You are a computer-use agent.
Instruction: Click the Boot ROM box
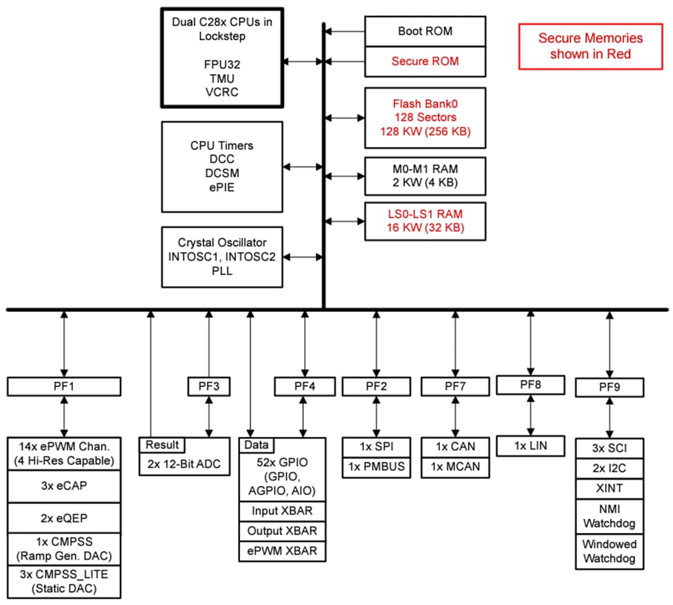coord(425,31)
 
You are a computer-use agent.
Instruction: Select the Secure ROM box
coord(425,61)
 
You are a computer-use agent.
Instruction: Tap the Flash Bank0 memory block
coord(425,117)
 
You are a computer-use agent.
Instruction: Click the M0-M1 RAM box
coord(425,176)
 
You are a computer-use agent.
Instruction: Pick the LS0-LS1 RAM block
coord(425,221)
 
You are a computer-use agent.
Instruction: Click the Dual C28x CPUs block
coord(221,58)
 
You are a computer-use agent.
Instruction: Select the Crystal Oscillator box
coord(221,257)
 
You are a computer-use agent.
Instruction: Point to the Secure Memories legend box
coord(590,46)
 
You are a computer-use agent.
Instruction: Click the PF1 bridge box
coord(64,387)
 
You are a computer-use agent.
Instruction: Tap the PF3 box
coord(209,387)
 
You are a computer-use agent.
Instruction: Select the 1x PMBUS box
coord(376,467)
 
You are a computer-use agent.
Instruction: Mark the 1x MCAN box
coord(455,467)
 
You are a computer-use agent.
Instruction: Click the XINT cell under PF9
coord(609,489)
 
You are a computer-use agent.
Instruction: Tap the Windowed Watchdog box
coord(609,552)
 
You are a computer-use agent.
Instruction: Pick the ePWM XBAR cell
coord(282,551)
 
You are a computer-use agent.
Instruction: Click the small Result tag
coord(163,445)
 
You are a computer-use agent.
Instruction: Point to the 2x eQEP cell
coord(64,518)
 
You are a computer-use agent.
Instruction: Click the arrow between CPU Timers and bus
coord(303,166)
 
